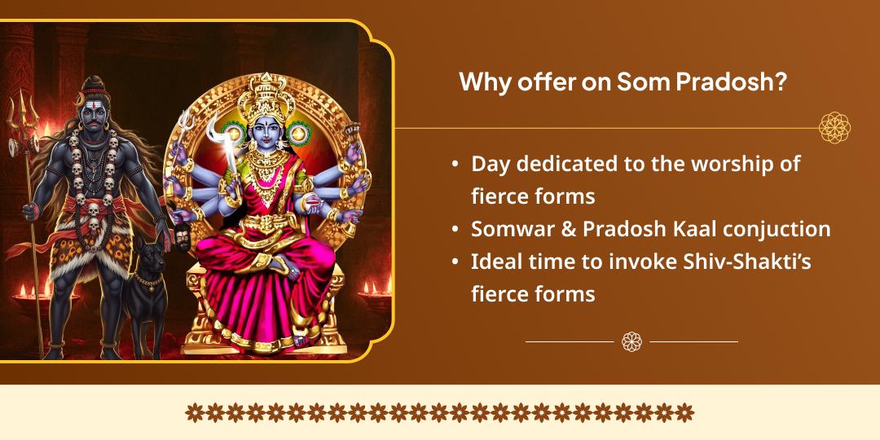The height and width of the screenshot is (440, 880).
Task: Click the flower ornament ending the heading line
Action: [x=834, y=128]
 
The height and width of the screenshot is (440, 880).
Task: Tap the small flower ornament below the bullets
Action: [x=631, y=341]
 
